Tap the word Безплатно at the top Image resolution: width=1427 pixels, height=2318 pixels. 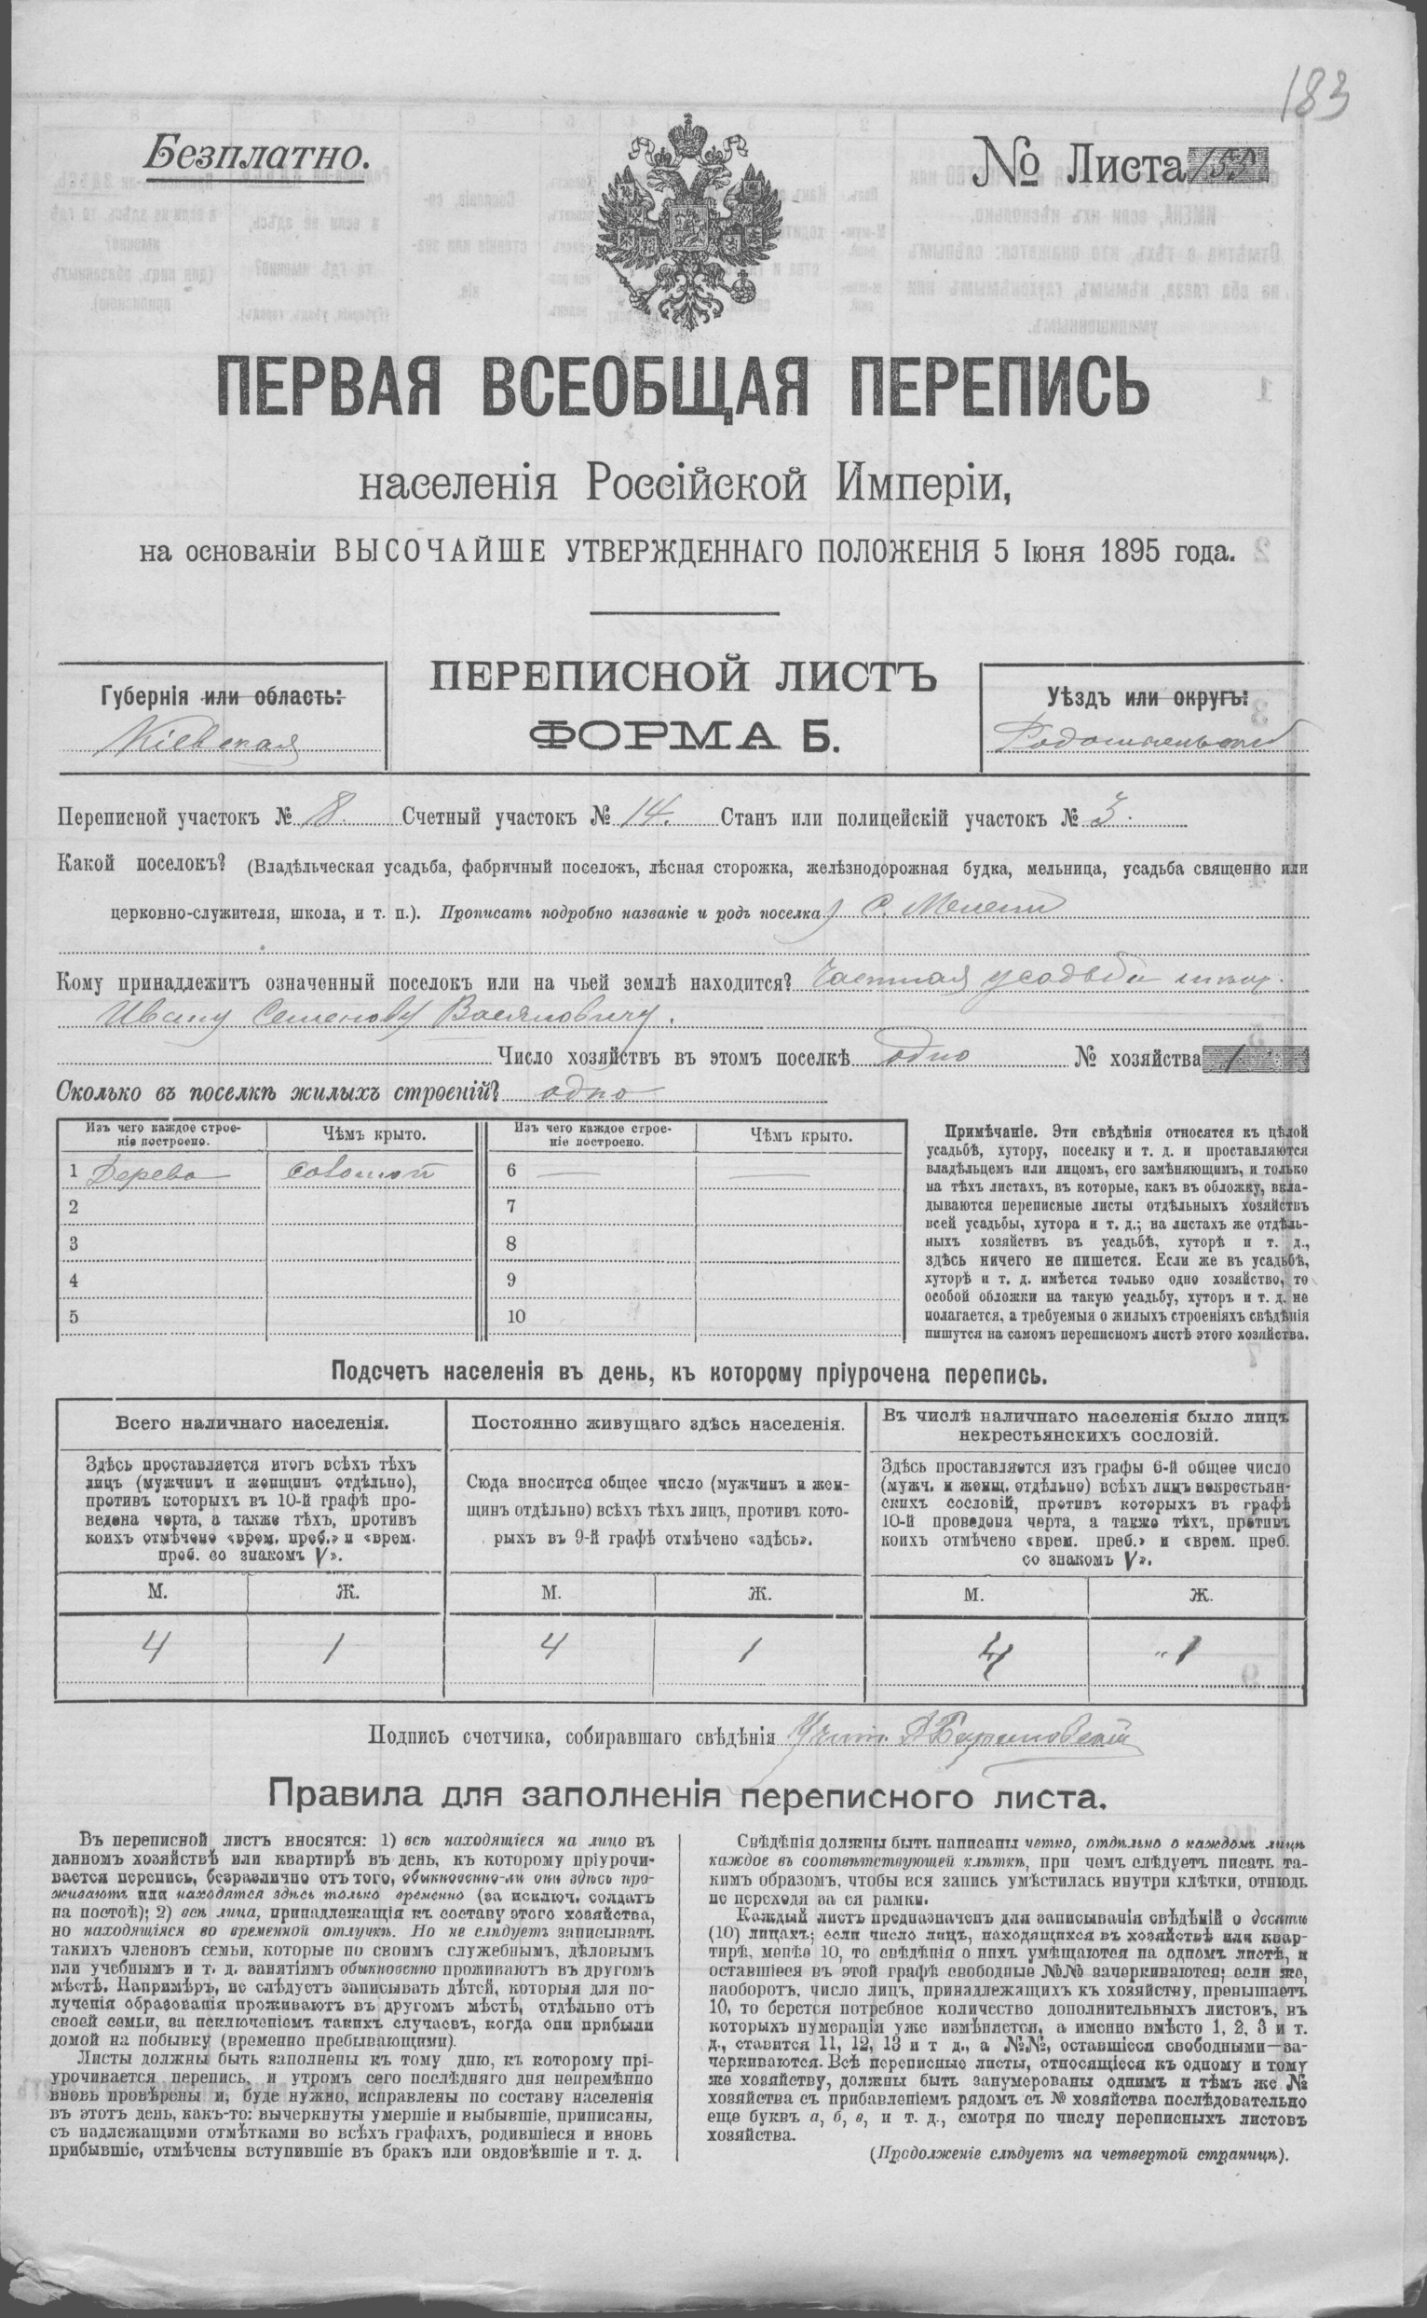pos(253,150)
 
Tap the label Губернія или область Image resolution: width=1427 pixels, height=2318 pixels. pos(219,699)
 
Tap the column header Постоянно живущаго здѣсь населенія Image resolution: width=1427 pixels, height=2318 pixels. pos(658,1423)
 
